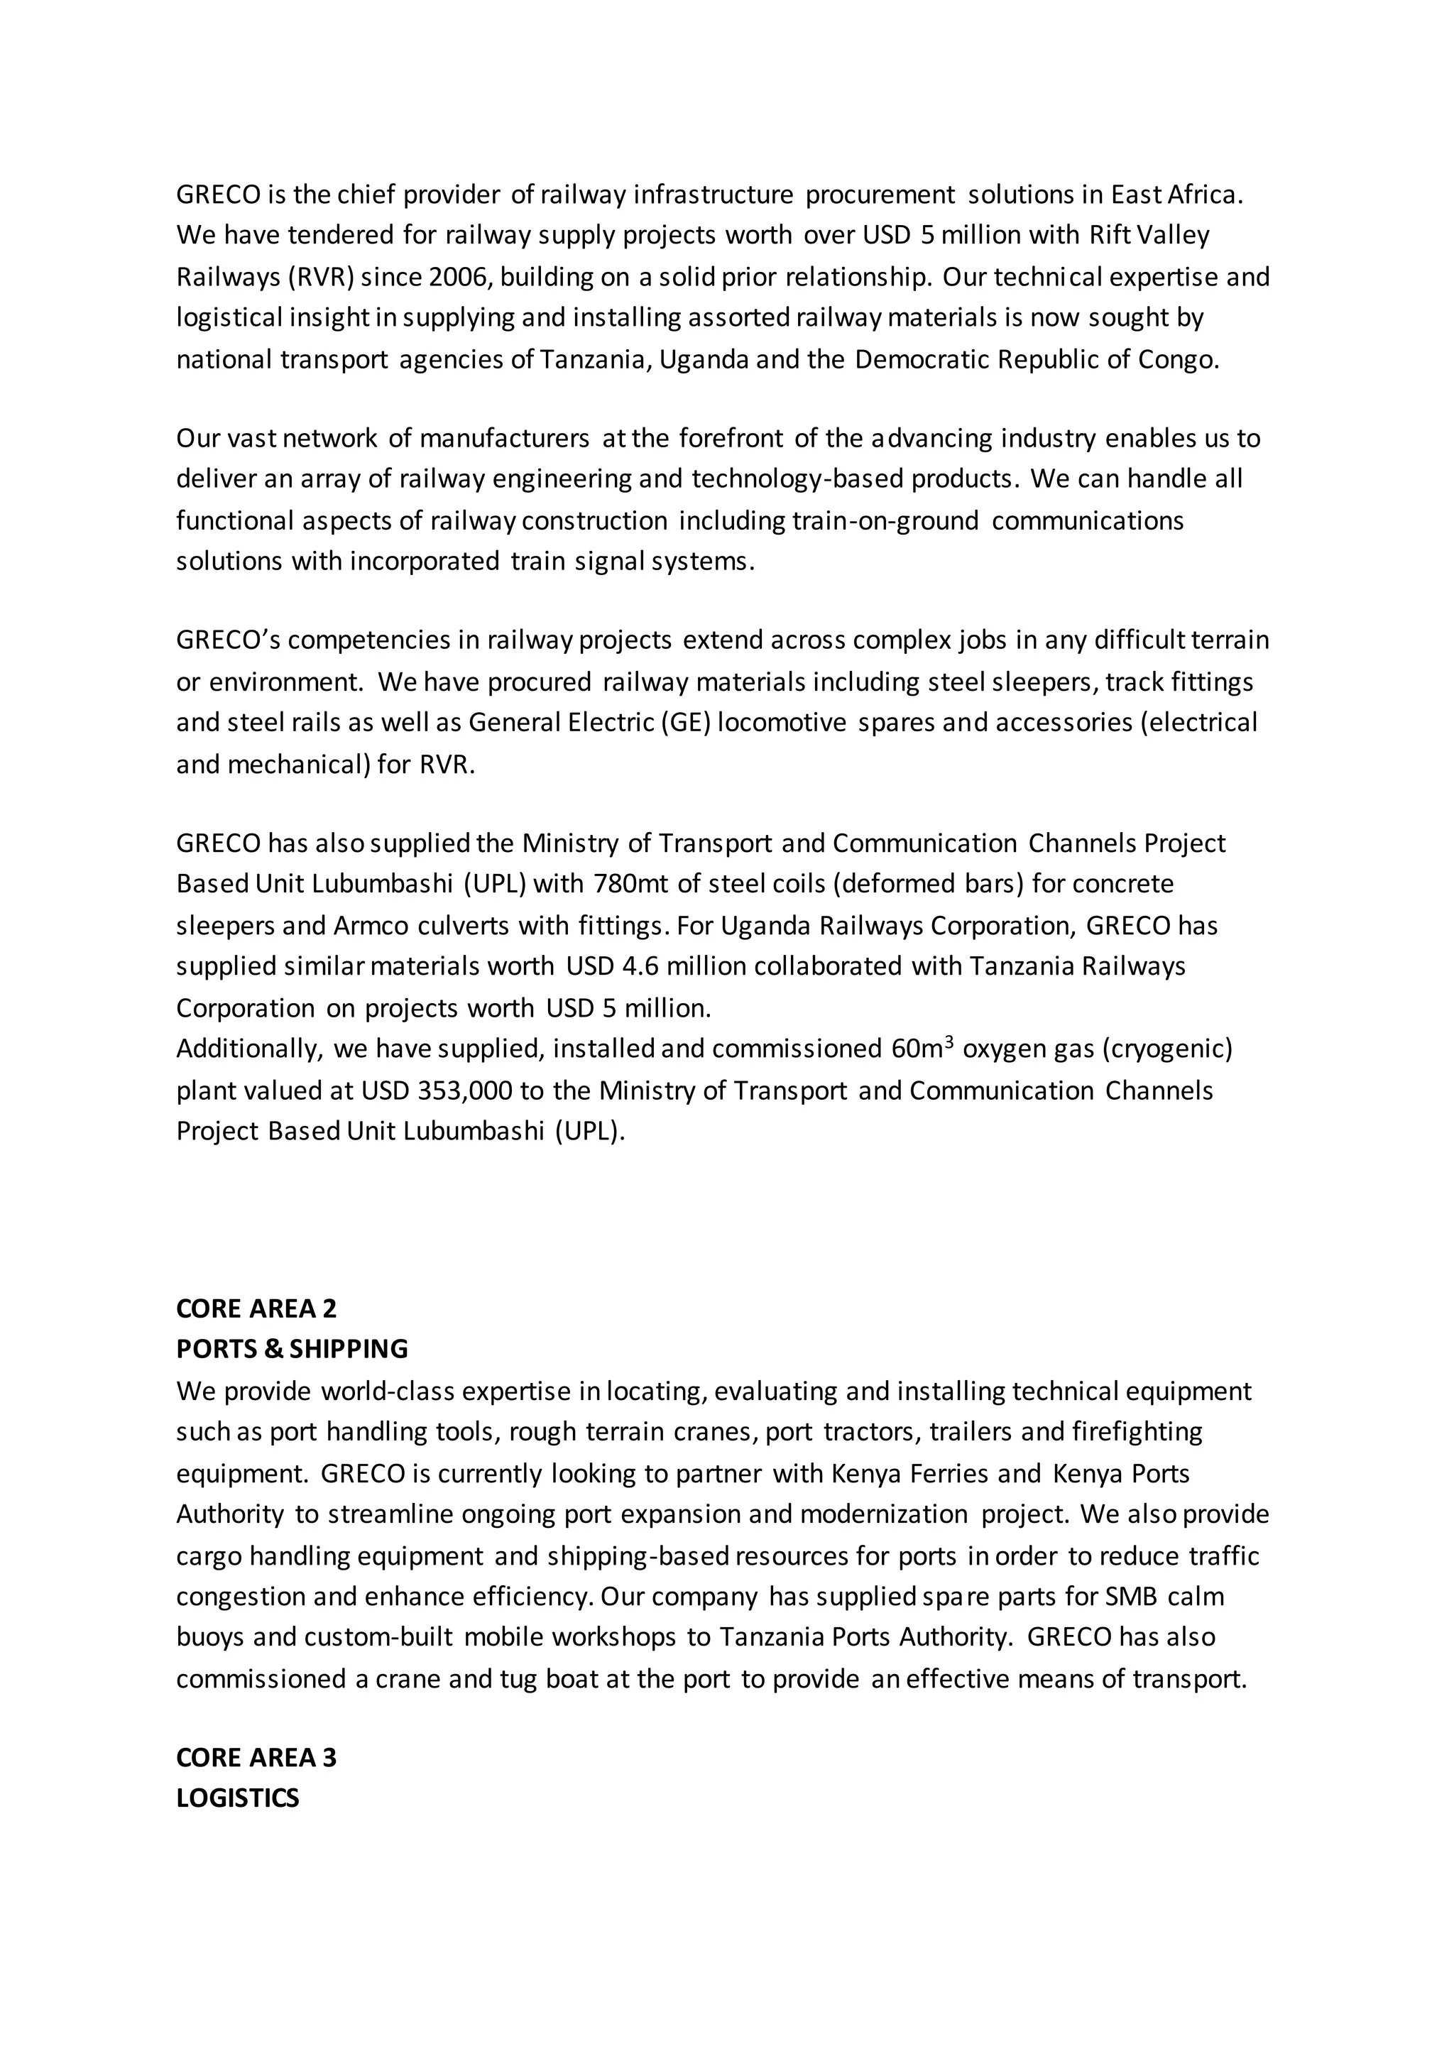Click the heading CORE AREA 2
[x=256, y=1308]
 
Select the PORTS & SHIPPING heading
[x=292, y=1349]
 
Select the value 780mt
[x=631, y=884]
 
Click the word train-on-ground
[x=885, y=520]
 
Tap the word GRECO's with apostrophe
[x=229, y=640]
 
